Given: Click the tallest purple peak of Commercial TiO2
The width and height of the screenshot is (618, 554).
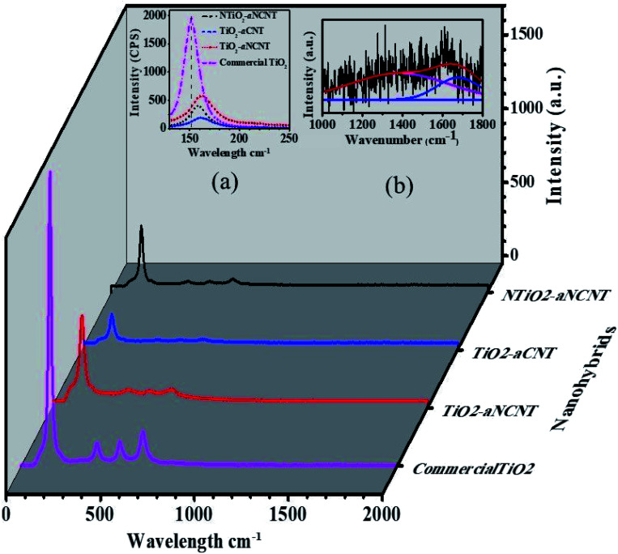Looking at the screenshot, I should pos(50,173).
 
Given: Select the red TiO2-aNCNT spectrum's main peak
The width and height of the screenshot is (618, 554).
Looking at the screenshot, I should pos(82,317).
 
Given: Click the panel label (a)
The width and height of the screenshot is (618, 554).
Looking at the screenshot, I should pos(224,183).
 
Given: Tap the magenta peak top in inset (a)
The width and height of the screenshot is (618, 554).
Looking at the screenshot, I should pos(191,17).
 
